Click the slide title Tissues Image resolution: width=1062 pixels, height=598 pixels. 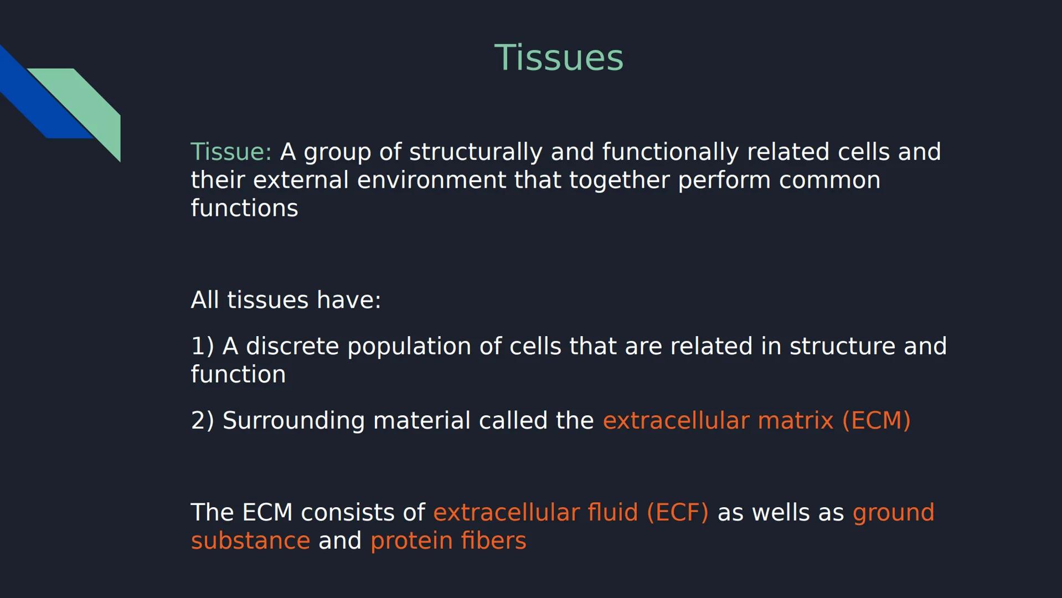point(558,58)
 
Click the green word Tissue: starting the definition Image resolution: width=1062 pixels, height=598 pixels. point(231,152)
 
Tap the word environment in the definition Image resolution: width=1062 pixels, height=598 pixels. point(431,181)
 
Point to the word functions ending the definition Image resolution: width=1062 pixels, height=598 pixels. point(244,209)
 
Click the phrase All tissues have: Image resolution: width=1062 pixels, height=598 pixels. point(286,300)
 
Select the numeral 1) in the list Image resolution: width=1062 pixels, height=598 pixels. point(202,347)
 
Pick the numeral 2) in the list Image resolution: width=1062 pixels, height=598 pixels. point(202,421)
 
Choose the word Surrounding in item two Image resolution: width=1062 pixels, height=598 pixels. point(293,421)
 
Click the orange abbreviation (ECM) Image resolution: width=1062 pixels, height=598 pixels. point(876,421)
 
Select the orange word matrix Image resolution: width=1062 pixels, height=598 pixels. point(795,421)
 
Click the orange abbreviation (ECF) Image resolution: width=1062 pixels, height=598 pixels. point(677,513)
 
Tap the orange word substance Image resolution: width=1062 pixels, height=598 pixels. point(250,541)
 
